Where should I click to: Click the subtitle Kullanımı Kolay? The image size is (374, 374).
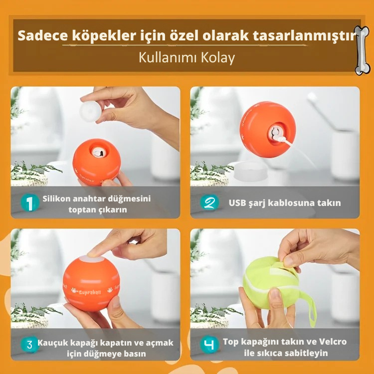pos(187,57)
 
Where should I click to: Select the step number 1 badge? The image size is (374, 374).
pos(29,203)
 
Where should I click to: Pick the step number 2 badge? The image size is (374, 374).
pos(209,203)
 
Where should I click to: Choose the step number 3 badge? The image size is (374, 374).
pos(29,345)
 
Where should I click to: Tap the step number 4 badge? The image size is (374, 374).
pos(209,345)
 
